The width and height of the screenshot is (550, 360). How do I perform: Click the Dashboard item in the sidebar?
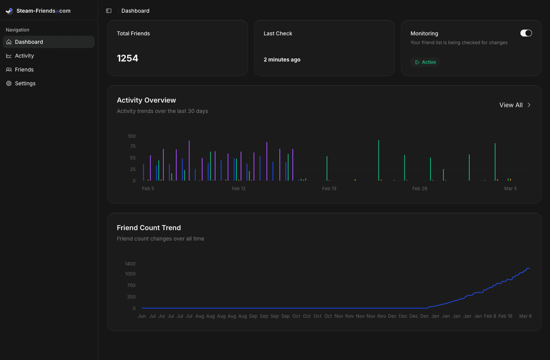(29, 42)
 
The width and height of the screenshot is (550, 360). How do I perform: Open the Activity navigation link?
(24, 56)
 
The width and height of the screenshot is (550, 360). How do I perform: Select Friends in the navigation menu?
(24, 70)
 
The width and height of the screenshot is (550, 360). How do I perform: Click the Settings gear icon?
(9, 83)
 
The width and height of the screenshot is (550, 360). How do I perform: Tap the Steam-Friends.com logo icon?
(10, 11)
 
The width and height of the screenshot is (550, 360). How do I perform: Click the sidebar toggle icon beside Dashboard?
(109, 11)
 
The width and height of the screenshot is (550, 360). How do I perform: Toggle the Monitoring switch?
(526, 33)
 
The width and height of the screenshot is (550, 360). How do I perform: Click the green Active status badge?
(425, 62)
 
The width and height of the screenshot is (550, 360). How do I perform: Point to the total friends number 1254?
(127, 58)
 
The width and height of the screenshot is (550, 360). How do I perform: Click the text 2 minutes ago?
(282, 60)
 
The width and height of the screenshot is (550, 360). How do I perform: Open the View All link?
(515, 105)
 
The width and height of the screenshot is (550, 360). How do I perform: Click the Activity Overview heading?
(146, 100)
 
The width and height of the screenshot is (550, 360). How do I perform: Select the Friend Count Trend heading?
(149, 228)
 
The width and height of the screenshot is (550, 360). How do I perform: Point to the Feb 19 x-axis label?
(329, 189)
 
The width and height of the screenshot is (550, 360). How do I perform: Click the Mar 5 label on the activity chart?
(510, 189)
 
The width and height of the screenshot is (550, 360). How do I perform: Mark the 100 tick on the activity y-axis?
(131, 136)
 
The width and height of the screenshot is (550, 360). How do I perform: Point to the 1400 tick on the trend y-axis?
(130, 264)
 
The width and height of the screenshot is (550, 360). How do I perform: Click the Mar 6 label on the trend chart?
(525, 316)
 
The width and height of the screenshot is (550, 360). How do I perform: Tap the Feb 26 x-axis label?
(419, 189)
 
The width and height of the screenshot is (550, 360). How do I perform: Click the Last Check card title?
(277, 33)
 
